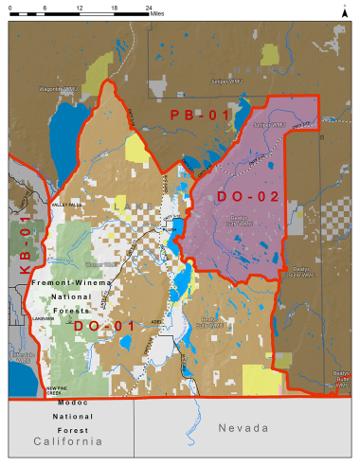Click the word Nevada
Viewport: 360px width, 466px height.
point(243,429)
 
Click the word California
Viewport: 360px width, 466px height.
point(67,442)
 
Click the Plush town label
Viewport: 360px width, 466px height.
point(170,228)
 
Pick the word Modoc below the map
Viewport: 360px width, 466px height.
point(68,403)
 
